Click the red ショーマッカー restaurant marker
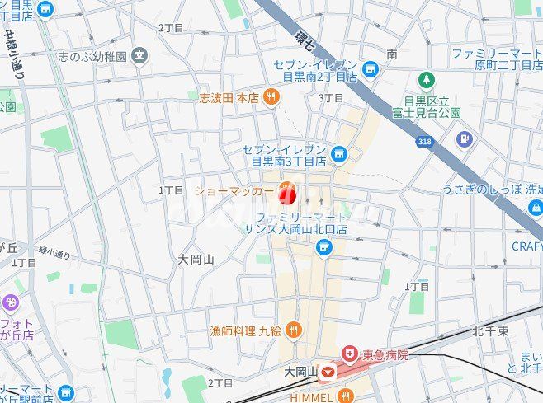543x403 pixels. click(x=287, y=194)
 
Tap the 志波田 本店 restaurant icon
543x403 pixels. click(x=272, y=98)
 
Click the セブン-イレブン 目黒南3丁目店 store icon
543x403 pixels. click(x=338, y=154)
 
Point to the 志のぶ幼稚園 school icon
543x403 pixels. click(x=140, y=56)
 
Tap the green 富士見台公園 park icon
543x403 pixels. click(x=426, y=81)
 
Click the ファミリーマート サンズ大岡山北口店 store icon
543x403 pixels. click(x=326, y=248)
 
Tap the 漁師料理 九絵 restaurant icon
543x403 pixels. click(x=295, y=330)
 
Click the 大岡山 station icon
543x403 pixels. click(x=330, y=373)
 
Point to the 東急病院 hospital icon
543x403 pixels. click(x=350, y=354)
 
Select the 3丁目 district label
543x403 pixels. click(x=331, y=98)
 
